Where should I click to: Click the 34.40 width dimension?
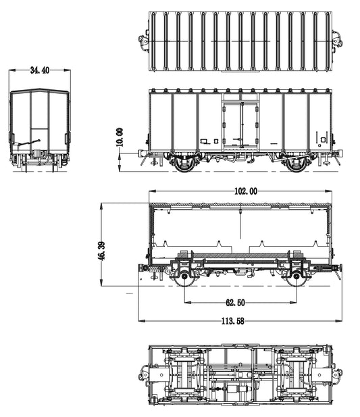40,70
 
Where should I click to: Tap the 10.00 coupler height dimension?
120,137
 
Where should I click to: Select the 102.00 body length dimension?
246,191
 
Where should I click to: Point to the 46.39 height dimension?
101,250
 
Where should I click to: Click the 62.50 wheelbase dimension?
236,303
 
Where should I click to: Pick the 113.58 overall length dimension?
233,321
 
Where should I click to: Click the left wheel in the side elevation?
184,164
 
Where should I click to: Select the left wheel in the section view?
184,277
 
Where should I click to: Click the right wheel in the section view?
297,277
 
